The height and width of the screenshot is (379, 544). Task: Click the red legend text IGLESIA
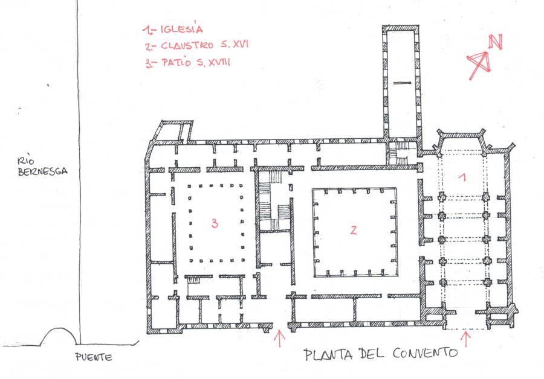point(181,29)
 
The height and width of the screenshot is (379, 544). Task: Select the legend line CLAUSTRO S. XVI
point(196,45)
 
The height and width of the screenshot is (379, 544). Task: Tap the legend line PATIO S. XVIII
point(188,63)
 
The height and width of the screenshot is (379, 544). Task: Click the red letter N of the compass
point(496,42)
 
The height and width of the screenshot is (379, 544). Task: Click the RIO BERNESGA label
point(42,167)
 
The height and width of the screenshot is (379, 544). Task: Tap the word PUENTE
point(94,357)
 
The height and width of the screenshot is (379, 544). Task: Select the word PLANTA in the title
point(329,354)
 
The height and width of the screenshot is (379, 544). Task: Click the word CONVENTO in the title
point(426,353)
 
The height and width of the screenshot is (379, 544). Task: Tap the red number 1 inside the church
point(462,177)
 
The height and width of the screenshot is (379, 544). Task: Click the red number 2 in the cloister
point(353,230)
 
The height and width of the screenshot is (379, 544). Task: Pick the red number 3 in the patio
point(215,223)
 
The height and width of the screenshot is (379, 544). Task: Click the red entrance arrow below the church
point(466,339)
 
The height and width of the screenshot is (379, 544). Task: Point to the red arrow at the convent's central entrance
point(280,339)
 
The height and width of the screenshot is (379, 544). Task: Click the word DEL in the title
point(372,354)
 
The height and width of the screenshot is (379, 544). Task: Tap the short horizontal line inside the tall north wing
point(403,83)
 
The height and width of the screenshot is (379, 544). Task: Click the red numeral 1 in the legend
point(147,30)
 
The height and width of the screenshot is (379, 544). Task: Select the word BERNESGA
point(42,171)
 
